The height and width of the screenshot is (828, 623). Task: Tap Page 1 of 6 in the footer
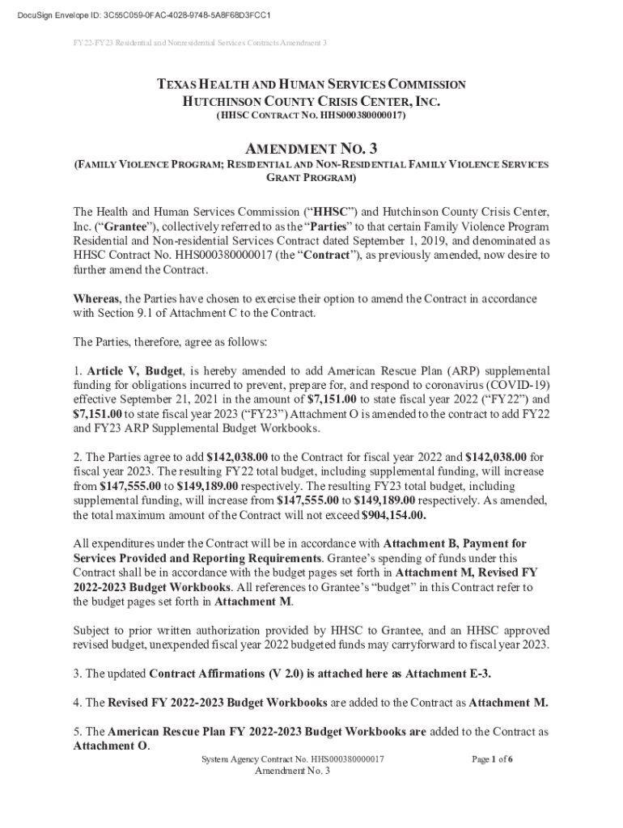[x=492, y=760]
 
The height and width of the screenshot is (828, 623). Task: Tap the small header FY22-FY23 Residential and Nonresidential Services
[x=199, y=42]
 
